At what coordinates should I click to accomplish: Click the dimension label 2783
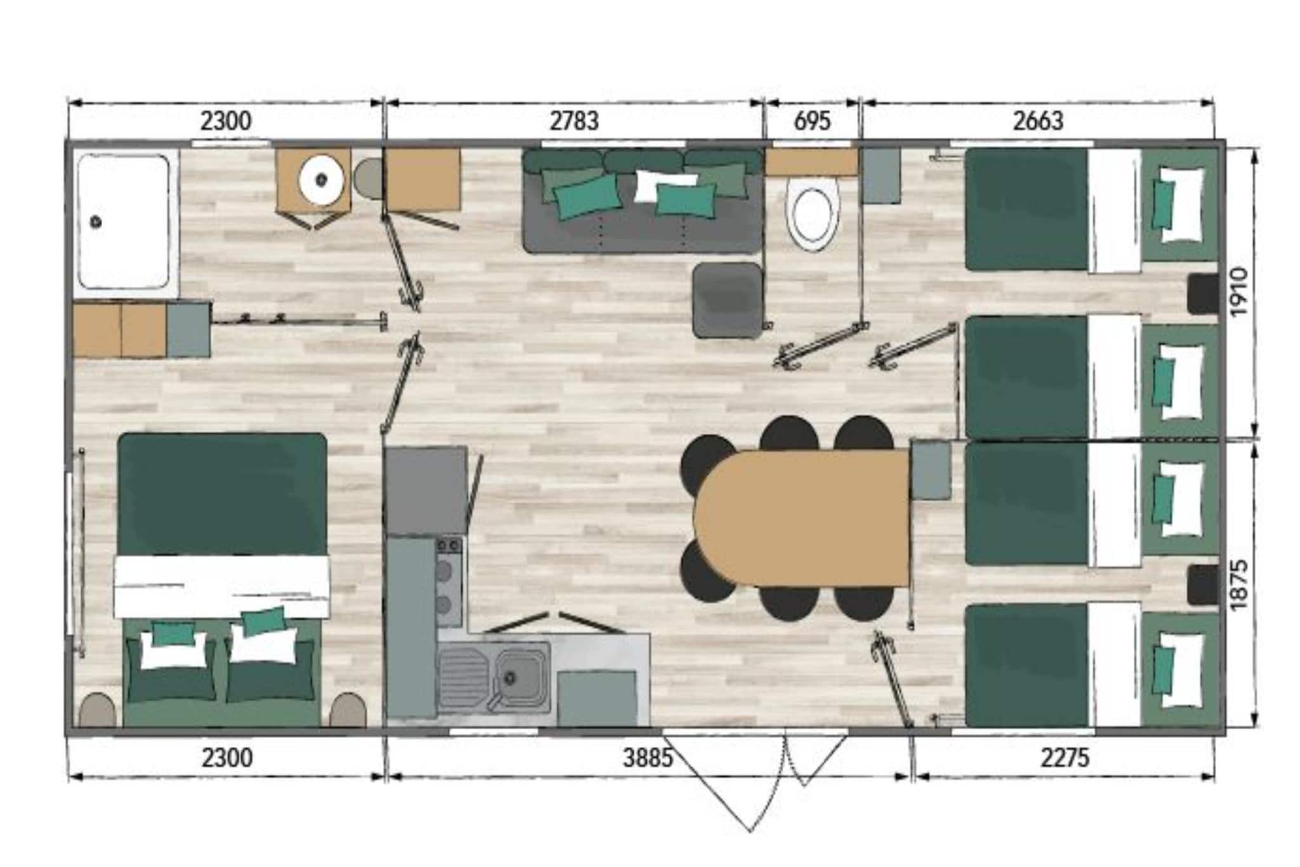pyautogui.click(x=574, y=121)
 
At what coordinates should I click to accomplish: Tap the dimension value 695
pyautogui.click(x=812, y=121)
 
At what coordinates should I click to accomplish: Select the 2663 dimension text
pyautogui.click(x=1038, y=121)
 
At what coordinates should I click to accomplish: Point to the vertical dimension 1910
pyautogui.click(x=1238, y=292)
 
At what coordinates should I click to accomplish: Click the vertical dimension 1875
pyautogui.click(x=1238, y=584)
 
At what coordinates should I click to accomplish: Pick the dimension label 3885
pyautogui.click(x=647, y=758)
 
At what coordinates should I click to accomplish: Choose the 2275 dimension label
pyautogui.click(x=1065, y=758)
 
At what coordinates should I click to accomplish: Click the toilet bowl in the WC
pyautogui.click(x=812, y=214)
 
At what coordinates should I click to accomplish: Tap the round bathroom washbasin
pyautogui.click(x=322, y=180)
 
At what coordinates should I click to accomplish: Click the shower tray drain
pyautogui.click(x=96, y=222)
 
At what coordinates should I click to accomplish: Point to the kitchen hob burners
pyautogui.click(x=449, y=581)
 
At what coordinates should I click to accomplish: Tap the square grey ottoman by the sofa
pyautogui.click(x=727, y=299)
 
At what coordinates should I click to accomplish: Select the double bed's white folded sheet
pyautogui.click(x=222, y=586)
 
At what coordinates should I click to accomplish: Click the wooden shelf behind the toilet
pyautogui.click(x=811, y=163)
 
